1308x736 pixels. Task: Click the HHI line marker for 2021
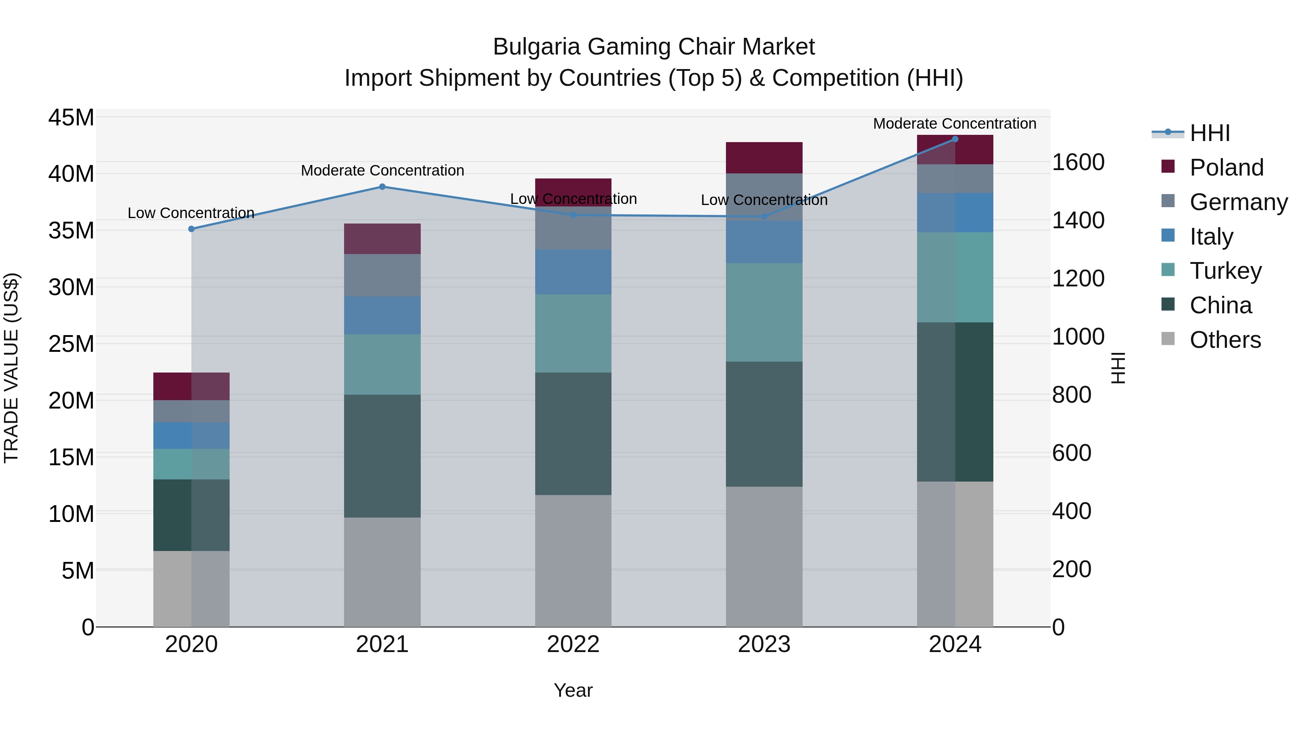pyautogui.click(x=382, y=187)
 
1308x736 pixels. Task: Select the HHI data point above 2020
pyautogui.click(x=191, y=229)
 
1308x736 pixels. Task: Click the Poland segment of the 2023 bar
pyautogui.click(x=764, y=158)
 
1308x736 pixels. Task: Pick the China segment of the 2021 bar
pyautogui.click(x=382, y=456)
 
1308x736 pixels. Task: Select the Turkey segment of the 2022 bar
pyautogui.click(x=573, y=333)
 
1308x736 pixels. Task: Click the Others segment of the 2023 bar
pyautogui.click(x=764, y=557)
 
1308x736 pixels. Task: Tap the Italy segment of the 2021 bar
pyautogui.click(x=382, y=315)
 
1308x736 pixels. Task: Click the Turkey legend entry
pyautogui.click(x=1225, y=271)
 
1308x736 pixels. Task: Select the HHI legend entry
pyautogui.click(x=1210, y=133)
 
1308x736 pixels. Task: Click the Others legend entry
pyautogui.click(x=1225, y=340)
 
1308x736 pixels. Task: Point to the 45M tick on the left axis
pyautogui.click(x=71, y=118)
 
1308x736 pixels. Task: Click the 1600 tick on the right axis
pyautogui.click(x=1078, y=162)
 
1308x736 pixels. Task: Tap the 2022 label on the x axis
pyautogui.click(x=573, y=644)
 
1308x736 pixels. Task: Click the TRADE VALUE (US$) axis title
pyautogui.click(x=12, y=368)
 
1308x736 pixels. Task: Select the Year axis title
pyautogui.click(x=573, y=690)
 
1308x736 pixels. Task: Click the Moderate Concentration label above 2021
pyautogui.click(x=382, y=171)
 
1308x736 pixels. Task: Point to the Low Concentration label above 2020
pyautogui.click(x=191, y=213)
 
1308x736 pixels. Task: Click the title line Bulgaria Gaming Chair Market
pyautogui.click(x=654, y=47)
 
